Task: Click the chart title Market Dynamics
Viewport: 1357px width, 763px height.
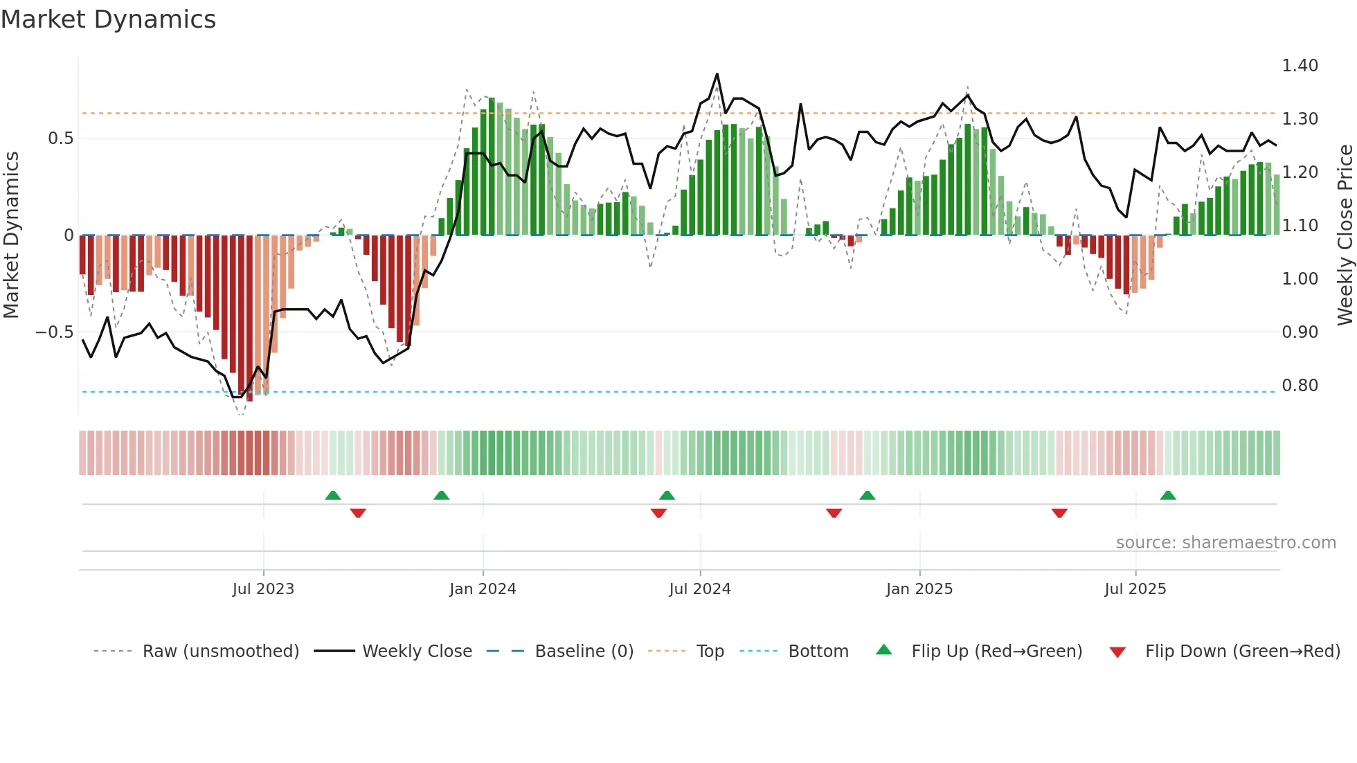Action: pos(108,19)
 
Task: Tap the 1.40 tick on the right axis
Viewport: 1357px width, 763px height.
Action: pos(1300,66)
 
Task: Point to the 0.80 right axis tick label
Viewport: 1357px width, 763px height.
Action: pos(1300,386)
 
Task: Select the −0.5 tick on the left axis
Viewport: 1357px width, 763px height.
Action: pos(54,332)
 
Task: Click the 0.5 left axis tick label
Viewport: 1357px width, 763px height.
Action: pos(60,138)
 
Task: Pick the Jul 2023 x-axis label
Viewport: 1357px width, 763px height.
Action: pos(263,589)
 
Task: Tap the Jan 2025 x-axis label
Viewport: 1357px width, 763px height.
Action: pos(919,589)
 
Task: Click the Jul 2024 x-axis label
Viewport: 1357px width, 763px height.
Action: pos(700,589)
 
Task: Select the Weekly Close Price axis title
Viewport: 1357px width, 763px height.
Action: pos(1345,235)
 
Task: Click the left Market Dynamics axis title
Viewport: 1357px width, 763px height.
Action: pos(11,235)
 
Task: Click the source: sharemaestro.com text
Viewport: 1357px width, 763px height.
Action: pos(1225,543)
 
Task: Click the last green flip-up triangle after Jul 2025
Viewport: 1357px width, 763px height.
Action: pos(1168,495)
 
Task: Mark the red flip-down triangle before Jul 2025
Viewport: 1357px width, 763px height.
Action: pos(1059,513)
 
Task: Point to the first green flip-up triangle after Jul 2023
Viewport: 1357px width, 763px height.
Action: pos(333,495)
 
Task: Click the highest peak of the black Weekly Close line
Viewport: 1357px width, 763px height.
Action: pos(717,74)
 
